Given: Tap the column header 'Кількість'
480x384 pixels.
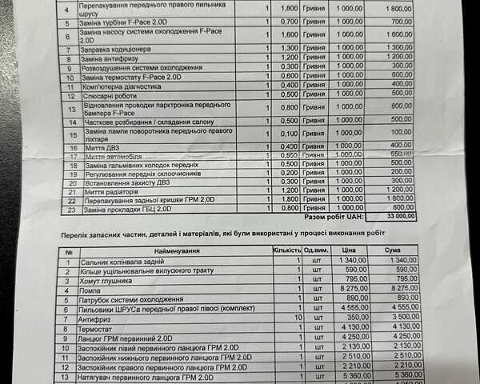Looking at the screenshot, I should pyautogui.click(x=286, y=250).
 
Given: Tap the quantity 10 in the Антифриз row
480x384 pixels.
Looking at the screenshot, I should pyautogui.click(x=297, y=317).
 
